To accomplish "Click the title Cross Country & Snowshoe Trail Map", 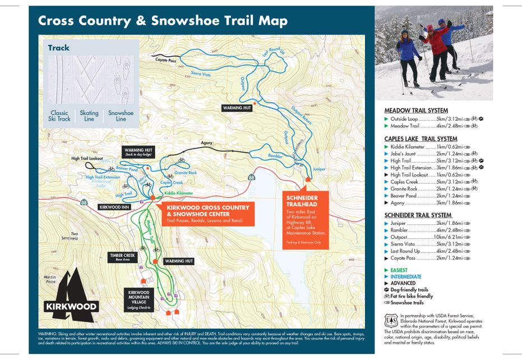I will click(163, 21).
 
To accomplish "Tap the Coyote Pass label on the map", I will click(166, 60).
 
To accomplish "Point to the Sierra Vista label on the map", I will click(200, 73).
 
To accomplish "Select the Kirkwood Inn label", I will click(114, 207).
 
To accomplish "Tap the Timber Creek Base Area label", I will click(123, 257).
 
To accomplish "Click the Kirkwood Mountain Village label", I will click(138, 296).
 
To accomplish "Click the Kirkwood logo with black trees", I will click(71, 292).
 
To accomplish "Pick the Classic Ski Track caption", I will click(59, 116).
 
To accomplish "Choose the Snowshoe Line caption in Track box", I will click(121, 116).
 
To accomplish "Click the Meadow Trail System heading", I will click(416, 110).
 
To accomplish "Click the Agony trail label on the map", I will click(206, 144).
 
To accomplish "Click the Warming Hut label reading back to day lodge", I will click(137, 152).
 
